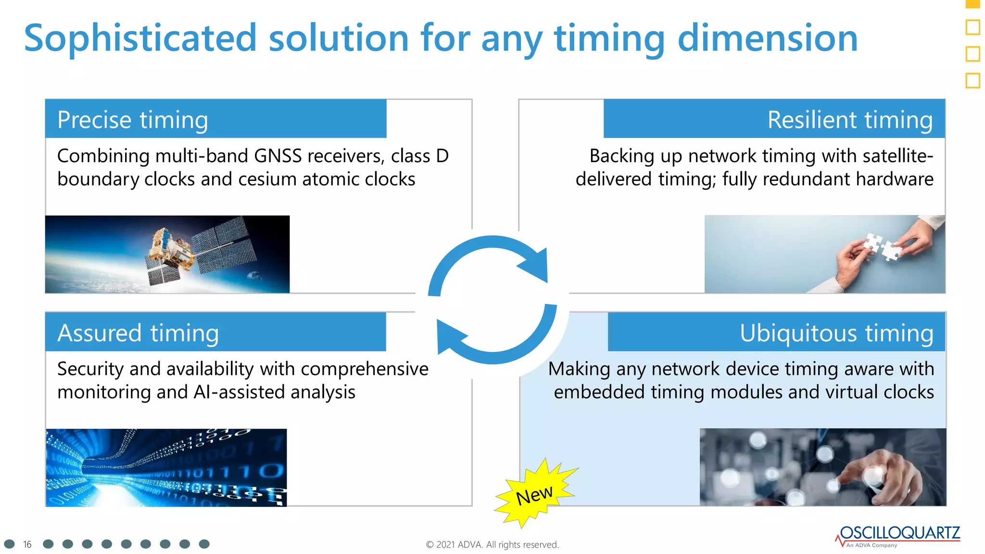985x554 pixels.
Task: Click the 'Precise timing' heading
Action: pyautogui.click(x=132, y=120)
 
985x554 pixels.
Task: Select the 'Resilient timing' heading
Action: pyautogui.click(x=850, y=120)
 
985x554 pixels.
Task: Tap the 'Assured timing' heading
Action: pyautogui.click(x=138, y=333)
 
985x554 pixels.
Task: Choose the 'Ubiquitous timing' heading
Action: pyautogui.click(x=836, y=333)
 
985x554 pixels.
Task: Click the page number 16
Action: pyautogui.click(x=27, y=544)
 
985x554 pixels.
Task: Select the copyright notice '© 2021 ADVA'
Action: pyautogui.click(x=492, y=544)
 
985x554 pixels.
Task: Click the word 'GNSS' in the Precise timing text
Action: pyautogui.click(x=278, y=156)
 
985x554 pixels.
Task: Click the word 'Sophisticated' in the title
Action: pyautogui.click(x=140, y=38)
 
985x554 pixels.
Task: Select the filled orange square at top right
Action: pyautogui.click(x=972, y=3)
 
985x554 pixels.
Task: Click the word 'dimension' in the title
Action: pyautogui.click(x=768, y=38)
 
